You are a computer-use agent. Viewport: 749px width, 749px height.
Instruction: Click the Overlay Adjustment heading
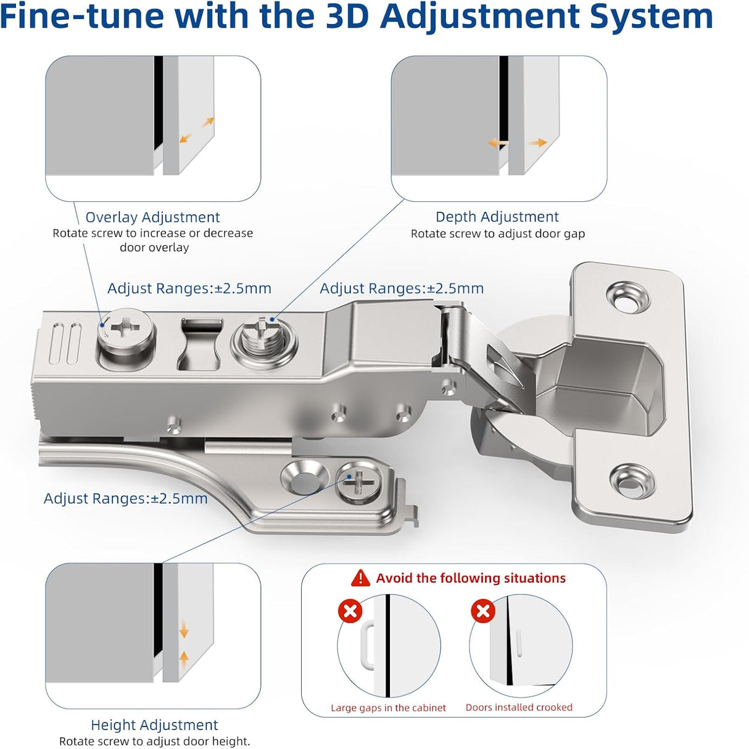click(152, 217)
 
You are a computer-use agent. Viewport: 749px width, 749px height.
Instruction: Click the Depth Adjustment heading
click(497, 217)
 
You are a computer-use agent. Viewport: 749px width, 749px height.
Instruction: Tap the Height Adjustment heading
click(154, 724)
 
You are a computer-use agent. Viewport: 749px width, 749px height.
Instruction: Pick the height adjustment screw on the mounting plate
click(358, 482)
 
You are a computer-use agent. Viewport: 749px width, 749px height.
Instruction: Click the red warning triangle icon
click(360, 578)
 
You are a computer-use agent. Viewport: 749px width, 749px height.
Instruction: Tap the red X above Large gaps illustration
click(350, 611)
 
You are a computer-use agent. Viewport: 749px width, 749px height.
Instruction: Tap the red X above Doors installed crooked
click(482, 611)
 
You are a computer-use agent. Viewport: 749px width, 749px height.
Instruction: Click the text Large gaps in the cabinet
click(388, 708)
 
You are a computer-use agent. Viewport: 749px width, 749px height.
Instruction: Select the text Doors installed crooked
click(519, 707)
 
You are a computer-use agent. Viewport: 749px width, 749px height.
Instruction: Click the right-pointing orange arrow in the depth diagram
click(537, 143)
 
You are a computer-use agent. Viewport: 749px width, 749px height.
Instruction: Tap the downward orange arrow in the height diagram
click(183, 631)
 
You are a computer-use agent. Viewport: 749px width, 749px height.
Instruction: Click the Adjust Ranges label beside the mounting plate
click(125, 498)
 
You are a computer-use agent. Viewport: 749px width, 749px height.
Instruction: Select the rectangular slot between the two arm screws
click(201, 344)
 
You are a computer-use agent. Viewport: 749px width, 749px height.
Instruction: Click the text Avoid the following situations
click(470, 578)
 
